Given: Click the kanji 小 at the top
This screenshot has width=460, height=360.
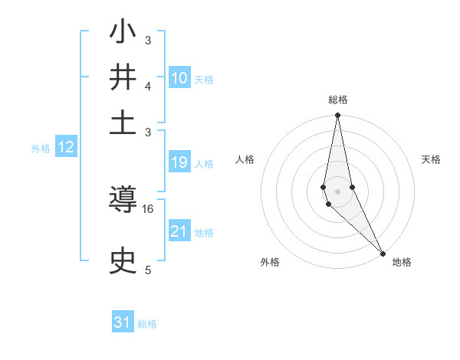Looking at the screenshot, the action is click(123, 34).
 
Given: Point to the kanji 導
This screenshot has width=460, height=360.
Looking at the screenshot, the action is click(123, 202).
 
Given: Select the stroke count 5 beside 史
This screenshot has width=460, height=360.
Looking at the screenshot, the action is click(148, 270).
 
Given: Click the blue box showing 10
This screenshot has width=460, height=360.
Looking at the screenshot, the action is click(179, 78).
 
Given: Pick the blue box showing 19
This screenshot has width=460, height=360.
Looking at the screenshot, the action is click(179, 162).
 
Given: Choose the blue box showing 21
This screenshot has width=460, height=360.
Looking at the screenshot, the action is click(179, 231).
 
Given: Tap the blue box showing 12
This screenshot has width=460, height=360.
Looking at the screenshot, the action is click(66, 148).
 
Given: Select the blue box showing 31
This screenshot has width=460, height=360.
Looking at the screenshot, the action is click(123, 322).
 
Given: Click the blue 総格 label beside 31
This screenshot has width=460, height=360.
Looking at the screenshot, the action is click(148, 324).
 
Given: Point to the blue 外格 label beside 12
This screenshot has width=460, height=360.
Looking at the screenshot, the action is click(41, 149).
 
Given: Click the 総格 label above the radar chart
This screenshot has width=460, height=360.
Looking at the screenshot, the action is click(337, 100).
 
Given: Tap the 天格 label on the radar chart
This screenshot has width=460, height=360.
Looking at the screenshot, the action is click(432, 159).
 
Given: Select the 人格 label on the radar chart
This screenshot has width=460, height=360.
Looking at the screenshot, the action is click(245, 159).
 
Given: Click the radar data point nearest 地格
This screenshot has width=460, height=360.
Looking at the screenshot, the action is click(382, 252).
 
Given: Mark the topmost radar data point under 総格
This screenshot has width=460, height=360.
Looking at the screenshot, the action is click(337, 116).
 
